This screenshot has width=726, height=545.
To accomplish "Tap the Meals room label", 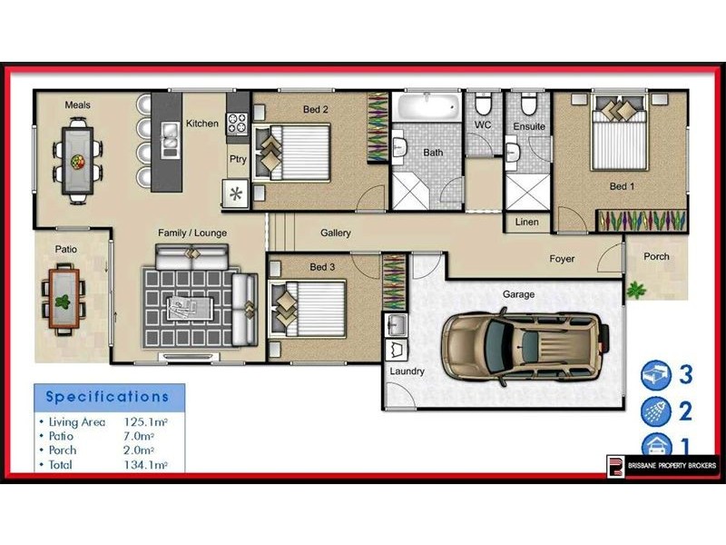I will pos(77,105).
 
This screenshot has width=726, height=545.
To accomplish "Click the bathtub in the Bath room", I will pos(427,107).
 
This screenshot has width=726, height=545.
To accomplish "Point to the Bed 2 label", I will pos(315,110).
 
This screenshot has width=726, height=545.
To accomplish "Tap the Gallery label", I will pos(335,233).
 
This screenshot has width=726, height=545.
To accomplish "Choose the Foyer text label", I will pos(562,259).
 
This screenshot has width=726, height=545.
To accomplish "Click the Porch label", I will pos(656,256).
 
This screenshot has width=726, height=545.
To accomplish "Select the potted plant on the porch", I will pos(637,290).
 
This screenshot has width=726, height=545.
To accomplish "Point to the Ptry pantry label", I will pos(238,158).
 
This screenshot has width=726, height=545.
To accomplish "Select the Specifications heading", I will pos(107,397).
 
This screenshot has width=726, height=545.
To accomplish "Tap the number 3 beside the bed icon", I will pos(686,373).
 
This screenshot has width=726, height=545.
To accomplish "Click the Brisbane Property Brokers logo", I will pos(662,466).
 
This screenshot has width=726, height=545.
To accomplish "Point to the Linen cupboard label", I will pos(526,222).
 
